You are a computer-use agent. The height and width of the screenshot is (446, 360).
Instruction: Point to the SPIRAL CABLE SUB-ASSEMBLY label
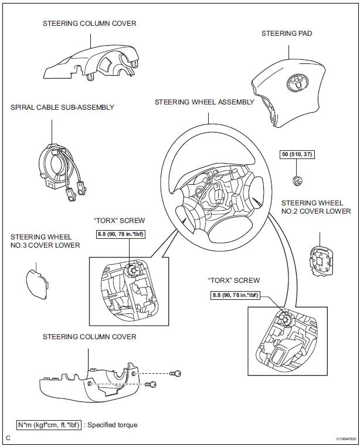(x=62, y=107)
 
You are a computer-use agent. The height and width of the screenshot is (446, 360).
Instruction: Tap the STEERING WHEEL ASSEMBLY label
(x=204, y=102)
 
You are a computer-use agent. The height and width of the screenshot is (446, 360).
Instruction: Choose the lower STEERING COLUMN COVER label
(x=89, y=337)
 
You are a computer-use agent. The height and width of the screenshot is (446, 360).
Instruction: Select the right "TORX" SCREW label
(x=233, y=281)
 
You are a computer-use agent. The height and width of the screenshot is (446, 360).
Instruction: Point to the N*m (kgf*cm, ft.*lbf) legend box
(x=49, y=424)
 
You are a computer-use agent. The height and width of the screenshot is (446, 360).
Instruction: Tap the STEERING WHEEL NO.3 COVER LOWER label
(x=45, y=241)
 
